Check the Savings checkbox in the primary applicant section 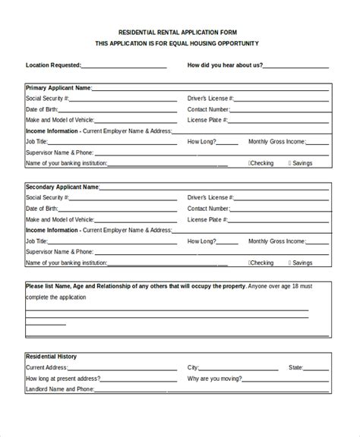pos(289,163)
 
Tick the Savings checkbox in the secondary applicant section pos(289,263)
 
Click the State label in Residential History pos(295,367)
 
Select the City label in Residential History pos(195,367)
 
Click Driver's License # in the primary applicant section pos(210,99)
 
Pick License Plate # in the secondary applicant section pos(206,219)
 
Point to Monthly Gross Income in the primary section pos(278,142)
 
